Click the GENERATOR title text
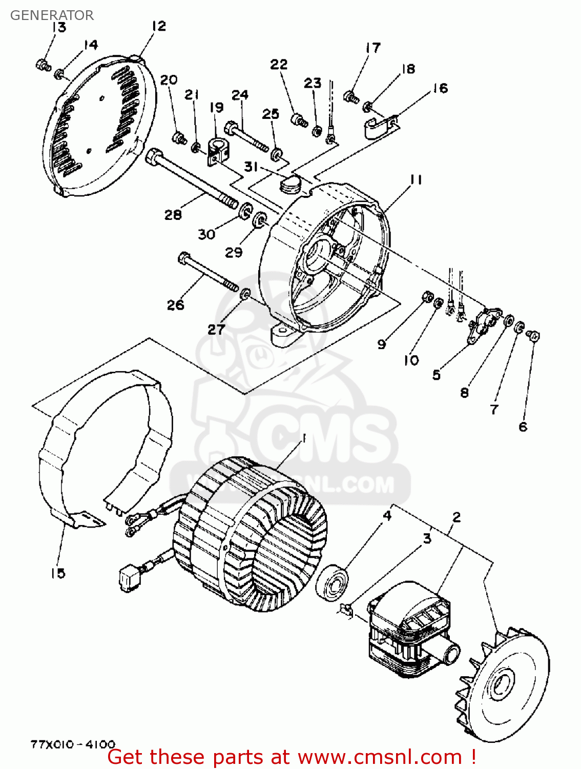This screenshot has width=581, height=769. tap(52, 15)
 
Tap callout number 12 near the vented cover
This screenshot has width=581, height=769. tap(159, 26)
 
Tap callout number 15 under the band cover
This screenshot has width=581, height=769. tap(58, 573)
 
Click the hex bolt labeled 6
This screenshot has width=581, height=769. tap(533, 336)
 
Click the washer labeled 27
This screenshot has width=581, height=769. tap(245, 294)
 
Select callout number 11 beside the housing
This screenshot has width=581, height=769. tap(416, 179)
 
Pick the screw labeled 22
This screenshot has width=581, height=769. tap(299, 120)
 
